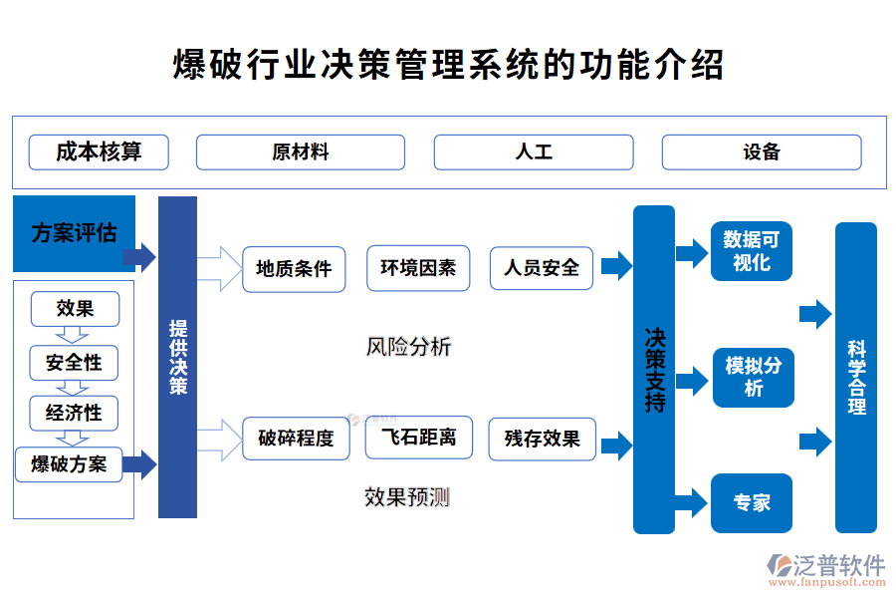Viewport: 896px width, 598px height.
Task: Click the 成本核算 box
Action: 99,152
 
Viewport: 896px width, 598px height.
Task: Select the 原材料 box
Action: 300,152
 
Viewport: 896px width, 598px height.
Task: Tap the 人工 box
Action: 533,152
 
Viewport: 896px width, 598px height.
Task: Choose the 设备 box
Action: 761,152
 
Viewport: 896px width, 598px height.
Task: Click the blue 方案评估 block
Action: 74,234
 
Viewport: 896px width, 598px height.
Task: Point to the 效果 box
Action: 75,308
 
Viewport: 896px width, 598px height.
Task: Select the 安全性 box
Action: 74,363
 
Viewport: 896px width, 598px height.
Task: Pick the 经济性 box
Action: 74,413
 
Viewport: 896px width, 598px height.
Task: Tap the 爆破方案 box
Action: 69,464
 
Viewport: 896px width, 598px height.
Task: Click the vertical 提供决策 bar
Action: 177,357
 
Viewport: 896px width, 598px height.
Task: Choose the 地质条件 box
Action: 294,269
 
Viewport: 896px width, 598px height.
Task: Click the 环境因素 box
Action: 418,268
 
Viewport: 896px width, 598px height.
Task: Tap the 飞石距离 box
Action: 418,438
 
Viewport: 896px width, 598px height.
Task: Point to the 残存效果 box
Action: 542,439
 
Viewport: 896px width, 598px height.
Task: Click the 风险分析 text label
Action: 408,347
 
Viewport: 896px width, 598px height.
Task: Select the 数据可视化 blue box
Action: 752,251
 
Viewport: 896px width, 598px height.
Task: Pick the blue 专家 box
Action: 752,503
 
